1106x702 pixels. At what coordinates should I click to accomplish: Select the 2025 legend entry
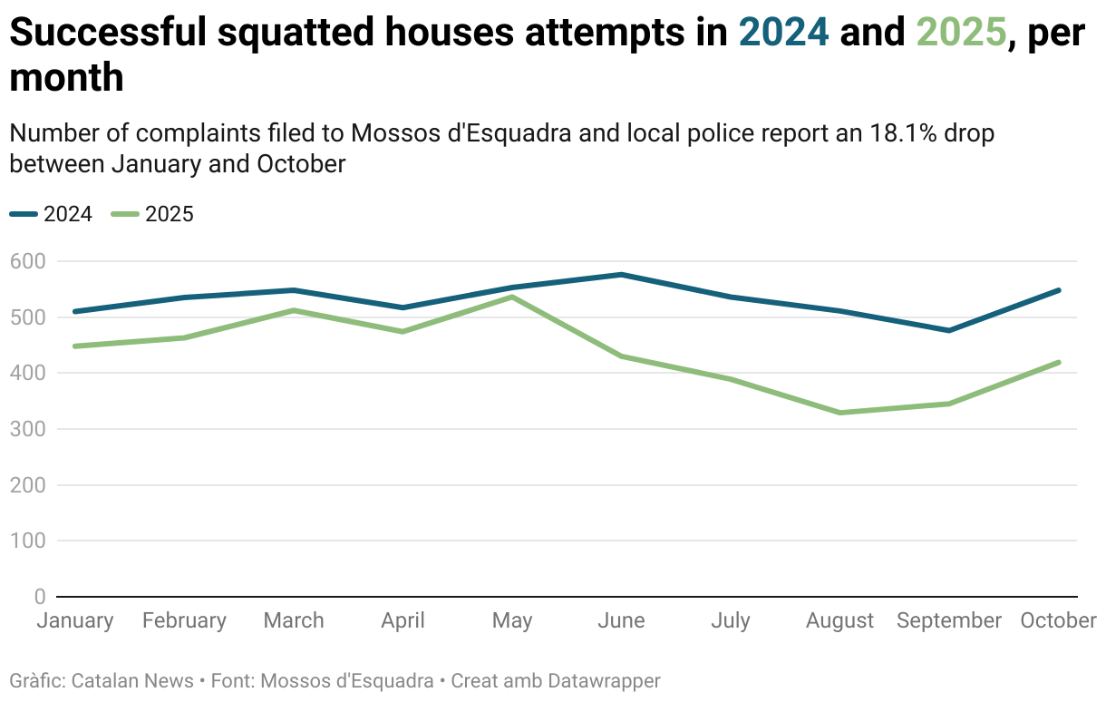(153, 214)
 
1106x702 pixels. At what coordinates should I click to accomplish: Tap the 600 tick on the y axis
(27, 261)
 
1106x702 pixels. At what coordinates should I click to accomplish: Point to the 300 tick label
(27, 429)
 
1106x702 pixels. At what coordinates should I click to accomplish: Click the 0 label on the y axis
(39, 597)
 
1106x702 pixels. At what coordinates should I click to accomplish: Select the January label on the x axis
(75, 620)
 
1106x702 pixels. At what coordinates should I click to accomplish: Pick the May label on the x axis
(512, 620)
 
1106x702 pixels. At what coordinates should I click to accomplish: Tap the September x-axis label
(949, 620)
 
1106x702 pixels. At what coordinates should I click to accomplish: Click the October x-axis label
(1058, 620)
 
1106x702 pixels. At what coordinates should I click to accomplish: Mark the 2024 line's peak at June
(621, 274)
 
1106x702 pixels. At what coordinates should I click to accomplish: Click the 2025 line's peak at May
(512, 297)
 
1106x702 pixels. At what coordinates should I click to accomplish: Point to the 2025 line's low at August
(840, 413)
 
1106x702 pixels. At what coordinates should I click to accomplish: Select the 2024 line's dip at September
(949, 330)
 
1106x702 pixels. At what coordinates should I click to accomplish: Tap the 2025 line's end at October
(1058, 362)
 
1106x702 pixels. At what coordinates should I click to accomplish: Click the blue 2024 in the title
(784, 33)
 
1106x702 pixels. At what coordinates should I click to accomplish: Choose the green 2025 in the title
(961, 33)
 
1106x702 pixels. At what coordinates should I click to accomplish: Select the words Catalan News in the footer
(132, 680)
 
